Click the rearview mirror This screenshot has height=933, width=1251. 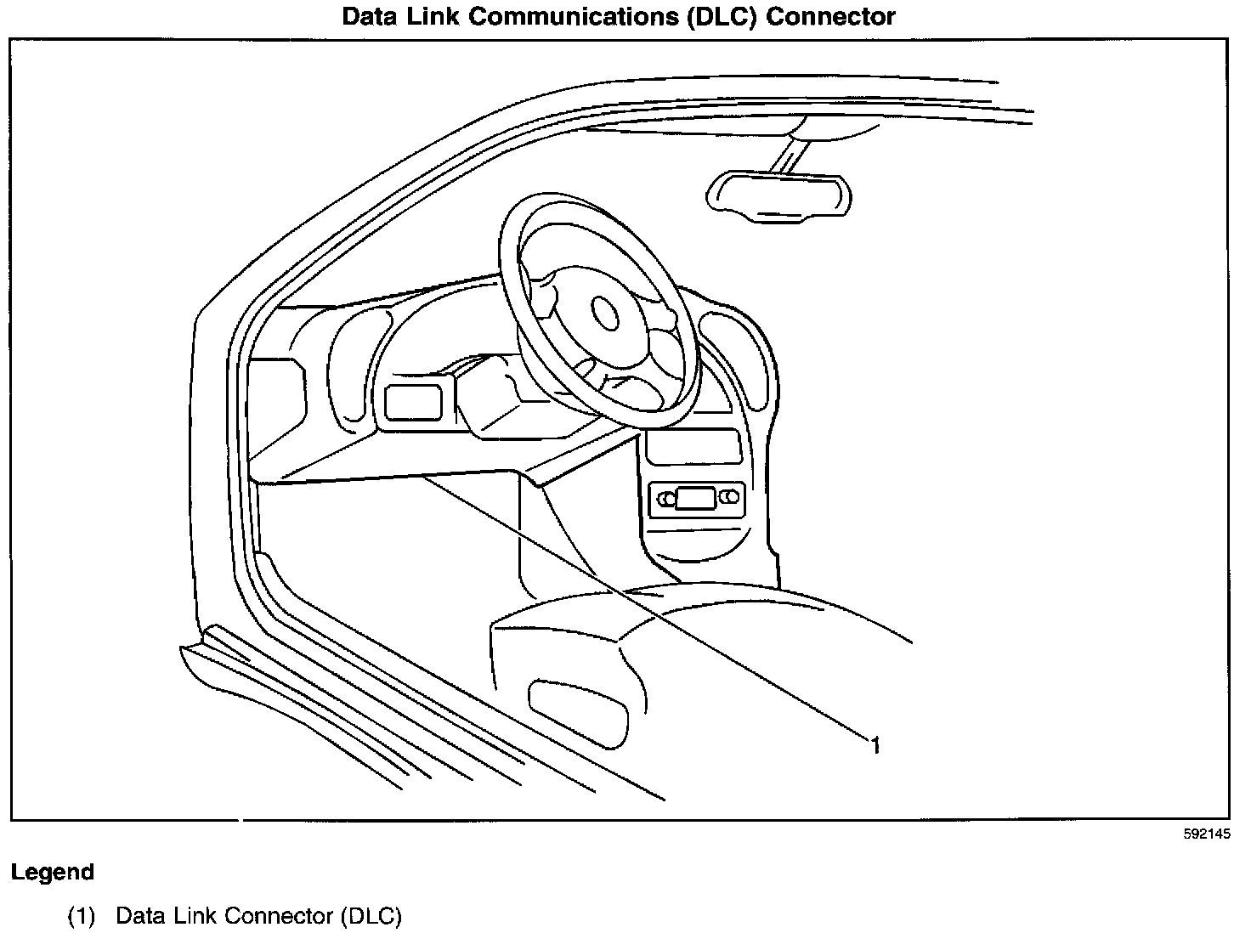click(778, 195)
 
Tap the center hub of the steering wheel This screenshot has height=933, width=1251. click(606, 312)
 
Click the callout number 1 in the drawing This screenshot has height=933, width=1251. click(875, 745)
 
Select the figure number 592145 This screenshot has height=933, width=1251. click(1206, 834)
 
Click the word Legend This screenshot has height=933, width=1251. click(53, 872)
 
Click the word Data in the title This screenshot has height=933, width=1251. click(369, 16)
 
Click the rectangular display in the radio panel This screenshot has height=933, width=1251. click(695, 499)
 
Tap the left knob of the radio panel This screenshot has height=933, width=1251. click(664, 499)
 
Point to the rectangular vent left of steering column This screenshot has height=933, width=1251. click(414, 403)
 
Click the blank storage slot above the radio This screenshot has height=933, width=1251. click(690, 447)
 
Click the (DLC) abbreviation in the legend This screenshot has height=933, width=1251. click(371, 916)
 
